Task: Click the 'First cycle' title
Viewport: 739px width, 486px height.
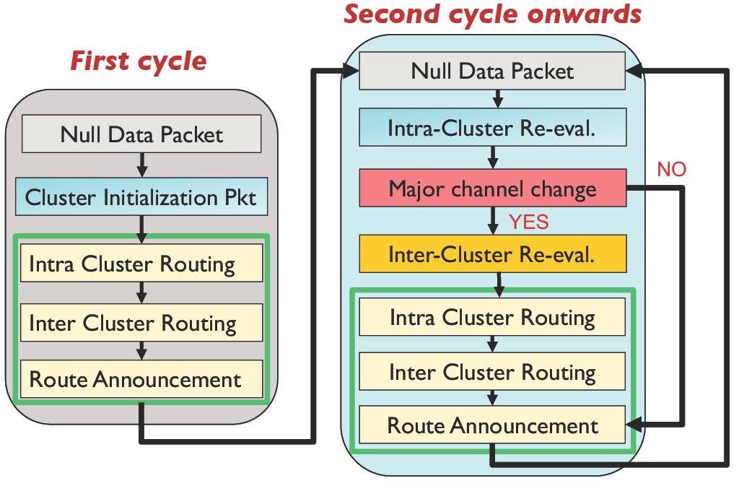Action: click(x=139, y=61)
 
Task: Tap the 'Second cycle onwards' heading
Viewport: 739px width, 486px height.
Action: click(x=492, y=14)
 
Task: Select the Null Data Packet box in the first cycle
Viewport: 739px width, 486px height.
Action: click(x=141, y=134)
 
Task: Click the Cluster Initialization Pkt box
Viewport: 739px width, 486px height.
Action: click(x=141, y=197)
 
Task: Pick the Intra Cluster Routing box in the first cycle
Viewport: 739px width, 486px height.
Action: click(x=141, y=263)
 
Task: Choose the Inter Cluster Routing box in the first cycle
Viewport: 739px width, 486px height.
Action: click(x=141, y=323)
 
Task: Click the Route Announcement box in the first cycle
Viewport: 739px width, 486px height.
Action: click(x=141, y=379)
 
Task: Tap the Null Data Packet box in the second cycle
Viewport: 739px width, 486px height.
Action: click(x=492, y=71)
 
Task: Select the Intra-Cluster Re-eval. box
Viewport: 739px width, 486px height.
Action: click(x=492, y=127)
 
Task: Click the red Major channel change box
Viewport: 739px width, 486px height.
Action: click(x=492, y=188)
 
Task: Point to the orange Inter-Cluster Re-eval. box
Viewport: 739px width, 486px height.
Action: click(x=492, y=254)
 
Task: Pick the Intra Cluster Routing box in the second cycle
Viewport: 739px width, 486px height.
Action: click(x=492, y=317)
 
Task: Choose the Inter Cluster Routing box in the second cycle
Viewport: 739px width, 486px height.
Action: click(x=492, y=371)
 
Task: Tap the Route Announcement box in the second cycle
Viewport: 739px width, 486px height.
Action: click(x=492, y=425)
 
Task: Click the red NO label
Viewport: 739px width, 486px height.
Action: click(x=672, y=170)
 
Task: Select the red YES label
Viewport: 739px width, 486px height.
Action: click(x=529, y=222)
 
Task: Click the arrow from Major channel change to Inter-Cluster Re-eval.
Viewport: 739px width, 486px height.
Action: click(x=493, y=220)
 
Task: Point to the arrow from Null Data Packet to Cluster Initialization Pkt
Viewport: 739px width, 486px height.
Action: click(x=142, y=165)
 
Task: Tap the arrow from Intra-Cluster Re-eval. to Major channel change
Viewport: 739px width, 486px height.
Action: click(x=493, y=157)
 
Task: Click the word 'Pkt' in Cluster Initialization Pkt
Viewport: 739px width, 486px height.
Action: click(x=240, y=198)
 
